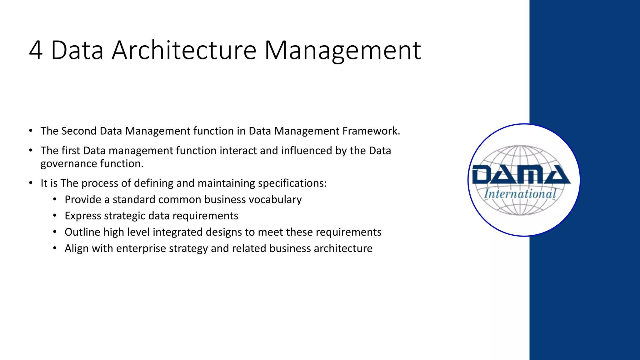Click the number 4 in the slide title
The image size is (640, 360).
(x=36, y=50)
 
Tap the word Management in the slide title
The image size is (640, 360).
(x=342, y=50)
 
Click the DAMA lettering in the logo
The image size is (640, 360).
(x=521, y=175)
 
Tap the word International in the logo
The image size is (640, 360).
(x=520, y=194)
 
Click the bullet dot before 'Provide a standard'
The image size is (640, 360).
(x=55, y=199)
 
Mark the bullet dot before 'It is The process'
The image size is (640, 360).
(x=31, y=183)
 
